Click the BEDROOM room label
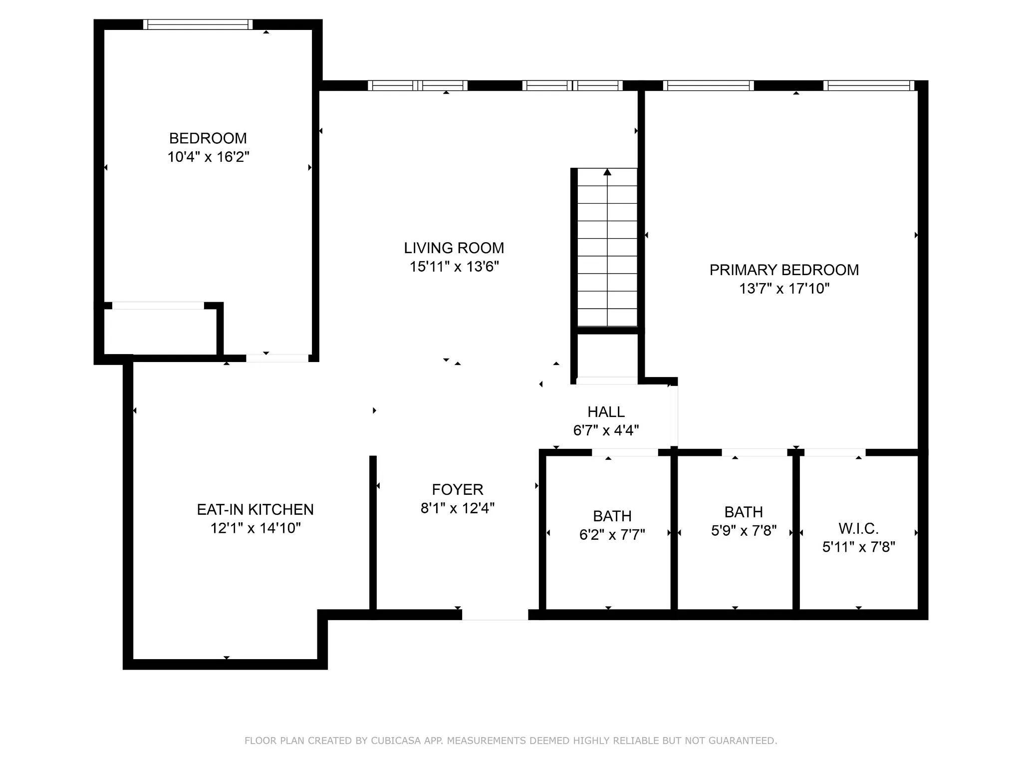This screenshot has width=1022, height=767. [x=208, y=138]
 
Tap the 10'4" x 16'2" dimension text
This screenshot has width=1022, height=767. [x=208, y=157]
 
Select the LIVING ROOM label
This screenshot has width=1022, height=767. [x=454, y=248]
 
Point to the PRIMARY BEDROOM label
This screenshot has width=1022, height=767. [x=784, y=270]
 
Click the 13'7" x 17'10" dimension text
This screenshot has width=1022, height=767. [x=784, y=289]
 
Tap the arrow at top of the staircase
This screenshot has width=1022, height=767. [x=607, y=172]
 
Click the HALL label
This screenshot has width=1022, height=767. [x=606, y=412]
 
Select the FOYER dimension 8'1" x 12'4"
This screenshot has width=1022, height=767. [x=457, y=508]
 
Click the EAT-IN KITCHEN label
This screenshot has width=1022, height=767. [x=255, y=510]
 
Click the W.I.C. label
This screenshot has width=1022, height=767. [x=858, y=528]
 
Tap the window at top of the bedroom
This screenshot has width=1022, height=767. [x=198, y=24]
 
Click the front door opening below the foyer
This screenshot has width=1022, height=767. [x=495, y=615]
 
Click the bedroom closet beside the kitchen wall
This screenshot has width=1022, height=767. [x=160, y=332]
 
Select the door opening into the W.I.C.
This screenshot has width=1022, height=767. [x=834, y=452]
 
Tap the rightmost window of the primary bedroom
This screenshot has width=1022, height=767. [x=868, y=85]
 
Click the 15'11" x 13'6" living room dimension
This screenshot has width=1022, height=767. [x=454, y=267]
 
